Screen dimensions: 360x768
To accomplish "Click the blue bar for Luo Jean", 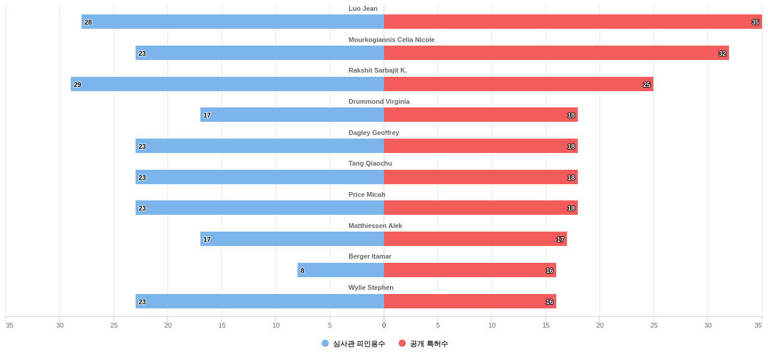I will [x=233, y=22].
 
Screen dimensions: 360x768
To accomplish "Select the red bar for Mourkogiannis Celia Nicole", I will [x=556, y=53].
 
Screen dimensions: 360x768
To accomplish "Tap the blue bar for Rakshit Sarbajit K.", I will [x=227, y=84].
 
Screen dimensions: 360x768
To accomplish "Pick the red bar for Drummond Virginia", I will [x=481, y=115].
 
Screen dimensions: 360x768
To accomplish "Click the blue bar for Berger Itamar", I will [x=341, y=270].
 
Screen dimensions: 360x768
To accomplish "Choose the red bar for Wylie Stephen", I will [x=470, y=301].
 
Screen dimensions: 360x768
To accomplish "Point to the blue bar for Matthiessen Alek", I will [x=292, y=239].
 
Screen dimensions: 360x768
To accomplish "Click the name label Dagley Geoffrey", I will [x=374, y=133].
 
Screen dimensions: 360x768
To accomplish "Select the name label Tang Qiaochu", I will [x=370, y=163].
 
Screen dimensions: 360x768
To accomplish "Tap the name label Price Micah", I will [x=367, y=194].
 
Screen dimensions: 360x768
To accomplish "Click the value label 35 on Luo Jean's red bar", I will [x=755, y=22].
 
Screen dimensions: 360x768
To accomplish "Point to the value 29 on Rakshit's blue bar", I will [x=77, y=85].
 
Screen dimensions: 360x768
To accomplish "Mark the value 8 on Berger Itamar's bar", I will [x=302, y=271].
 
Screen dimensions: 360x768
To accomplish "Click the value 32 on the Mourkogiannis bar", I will [x=722, y=53].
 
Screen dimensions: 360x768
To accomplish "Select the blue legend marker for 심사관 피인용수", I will [x=325, y=343].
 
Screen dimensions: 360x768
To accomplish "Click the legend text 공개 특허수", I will [x=429, y=344].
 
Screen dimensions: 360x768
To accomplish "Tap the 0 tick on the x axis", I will [x=384, y=325].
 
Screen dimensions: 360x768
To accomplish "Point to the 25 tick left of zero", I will [x=114, y=325].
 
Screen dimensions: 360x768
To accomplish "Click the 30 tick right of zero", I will [x=708, y=325].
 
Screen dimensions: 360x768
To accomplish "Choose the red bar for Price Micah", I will [x=481, y=208].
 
